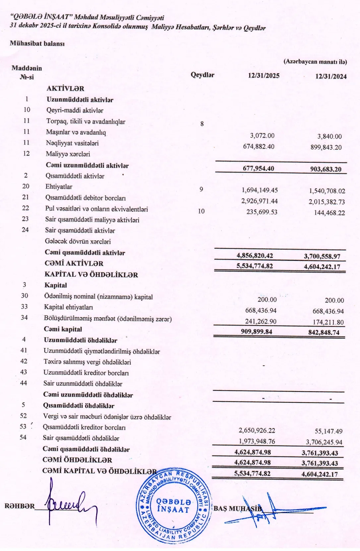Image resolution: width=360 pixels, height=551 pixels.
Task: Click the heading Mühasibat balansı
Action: pos(37,43)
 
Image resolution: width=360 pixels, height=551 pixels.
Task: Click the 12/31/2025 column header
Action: pos(264,76)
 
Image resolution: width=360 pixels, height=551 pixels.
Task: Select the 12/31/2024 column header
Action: pos(330,77)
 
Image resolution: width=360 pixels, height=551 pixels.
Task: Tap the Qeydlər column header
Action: pos(202,75)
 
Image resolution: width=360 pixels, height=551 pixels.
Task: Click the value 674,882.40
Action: pos(259,147)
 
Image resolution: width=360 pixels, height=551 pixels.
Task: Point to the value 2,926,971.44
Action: pos(260,201)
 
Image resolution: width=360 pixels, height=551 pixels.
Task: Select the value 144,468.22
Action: pos(329,213)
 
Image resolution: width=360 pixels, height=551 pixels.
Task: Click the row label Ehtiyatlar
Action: pos(59,187)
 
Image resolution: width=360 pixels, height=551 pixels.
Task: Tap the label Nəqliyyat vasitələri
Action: pos(72,143)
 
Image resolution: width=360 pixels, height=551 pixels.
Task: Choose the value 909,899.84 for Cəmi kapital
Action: pos(257,332)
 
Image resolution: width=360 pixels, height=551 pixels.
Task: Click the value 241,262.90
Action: pos(261,321)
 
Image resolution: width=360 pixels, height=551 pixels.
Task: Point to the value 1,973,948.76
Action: pos(257,441)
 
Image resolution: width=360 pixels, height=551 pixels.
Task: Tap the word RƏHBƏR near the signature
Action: pos(20,506)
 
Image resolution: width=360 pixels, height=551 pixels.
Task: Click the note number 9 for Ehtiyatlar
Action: pos(201,189)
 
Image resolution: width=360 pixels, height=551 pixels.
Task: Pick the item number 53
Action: pos(23,427)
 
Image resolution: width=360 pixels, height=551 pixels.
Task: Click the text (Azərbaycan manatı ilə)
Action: pos(315,62)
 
